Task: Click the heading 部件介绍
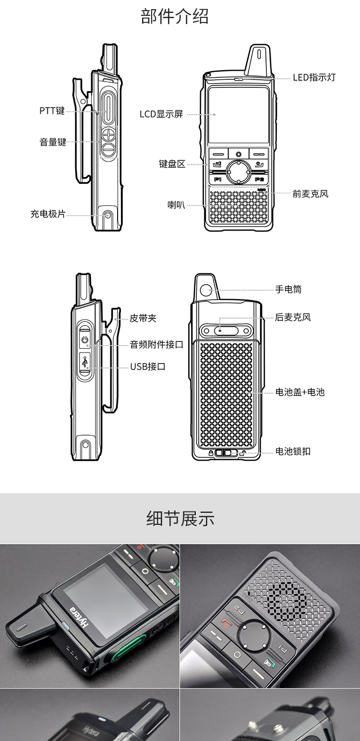[175, 16]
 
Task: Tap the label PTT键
[52, 110]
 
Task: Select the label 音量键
[53, 142]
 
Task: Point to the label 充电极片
[48, 214]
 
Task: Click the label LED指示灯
[314, 77]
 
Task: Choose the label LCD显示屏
[161, 114]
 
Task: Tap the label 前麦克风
[311, 194]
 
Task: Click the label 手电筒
[288, 290]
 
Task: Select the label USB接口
[148, 366]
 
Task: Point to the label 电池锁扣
[293, 451]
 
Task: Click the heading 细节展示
[180, 518]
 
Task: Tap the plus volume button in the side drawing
[108, 134]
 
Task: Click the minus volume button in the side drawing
[108, 150]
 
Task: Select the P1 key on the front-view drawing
[217, 179]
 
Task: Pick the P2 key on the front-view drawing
[260, 179]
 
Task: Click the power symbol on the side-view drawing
[85, 340]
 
